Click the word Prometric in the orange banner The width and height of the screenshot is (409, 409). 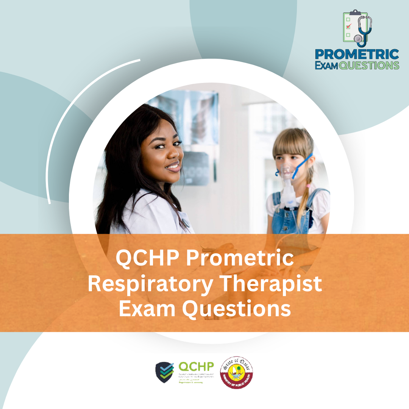pyautogui.click(x=239, y=259)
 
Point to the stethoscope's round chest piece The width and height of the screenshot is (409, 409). pyautogui.click(x=357, y=38)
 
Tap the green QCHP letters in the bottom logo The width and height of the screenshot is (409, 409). pyautogui.click(x=196, y=367)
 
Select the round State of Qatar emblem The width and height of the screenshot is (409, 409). pyautogui.click(x=237, y=372)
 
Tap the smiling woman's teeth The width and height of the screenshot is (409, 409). pyautogui.click(x=173, y=165)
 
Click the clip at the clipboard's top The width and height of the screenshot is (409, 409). pyautogui.click(x=355, y=12)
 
